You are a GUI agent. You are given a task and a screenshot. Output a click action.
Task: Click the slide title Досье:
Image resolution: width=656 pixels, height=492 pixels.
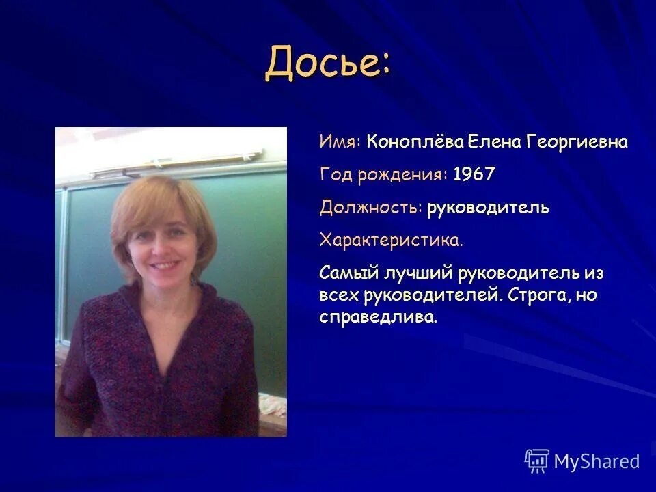[329, 64]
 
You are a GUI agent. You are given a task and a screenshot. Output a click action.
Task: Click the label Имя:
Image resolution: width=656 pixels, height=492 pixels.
[340, 142]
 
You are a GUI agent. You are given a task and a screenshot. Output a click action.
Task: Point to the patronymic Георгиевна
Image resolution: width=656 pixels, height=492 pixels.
[577, 142]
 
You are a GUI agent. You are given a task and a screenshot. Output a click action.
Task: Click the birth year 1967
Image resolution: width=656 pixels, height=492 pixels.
[474, 175]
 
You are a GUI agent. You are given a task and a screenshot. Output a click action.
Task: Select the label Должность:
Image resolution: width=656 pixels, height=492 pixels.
[370, 208]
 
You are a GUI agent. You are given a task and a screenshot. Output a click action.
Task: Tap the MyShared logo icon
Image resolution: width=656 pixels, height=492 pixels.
[537, 461]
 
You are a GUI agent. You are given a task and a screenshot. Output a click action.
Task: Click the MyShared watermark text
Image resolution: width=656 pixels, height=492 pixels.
[597, 462]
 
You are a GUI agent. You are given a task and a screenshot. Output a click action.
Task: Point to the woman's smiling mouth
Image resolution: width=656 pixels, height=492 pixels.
[163, 264]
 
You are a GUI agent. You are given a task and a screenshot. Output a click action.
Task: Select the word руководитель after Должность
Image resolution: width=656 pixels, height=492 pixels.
[488, 208]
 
